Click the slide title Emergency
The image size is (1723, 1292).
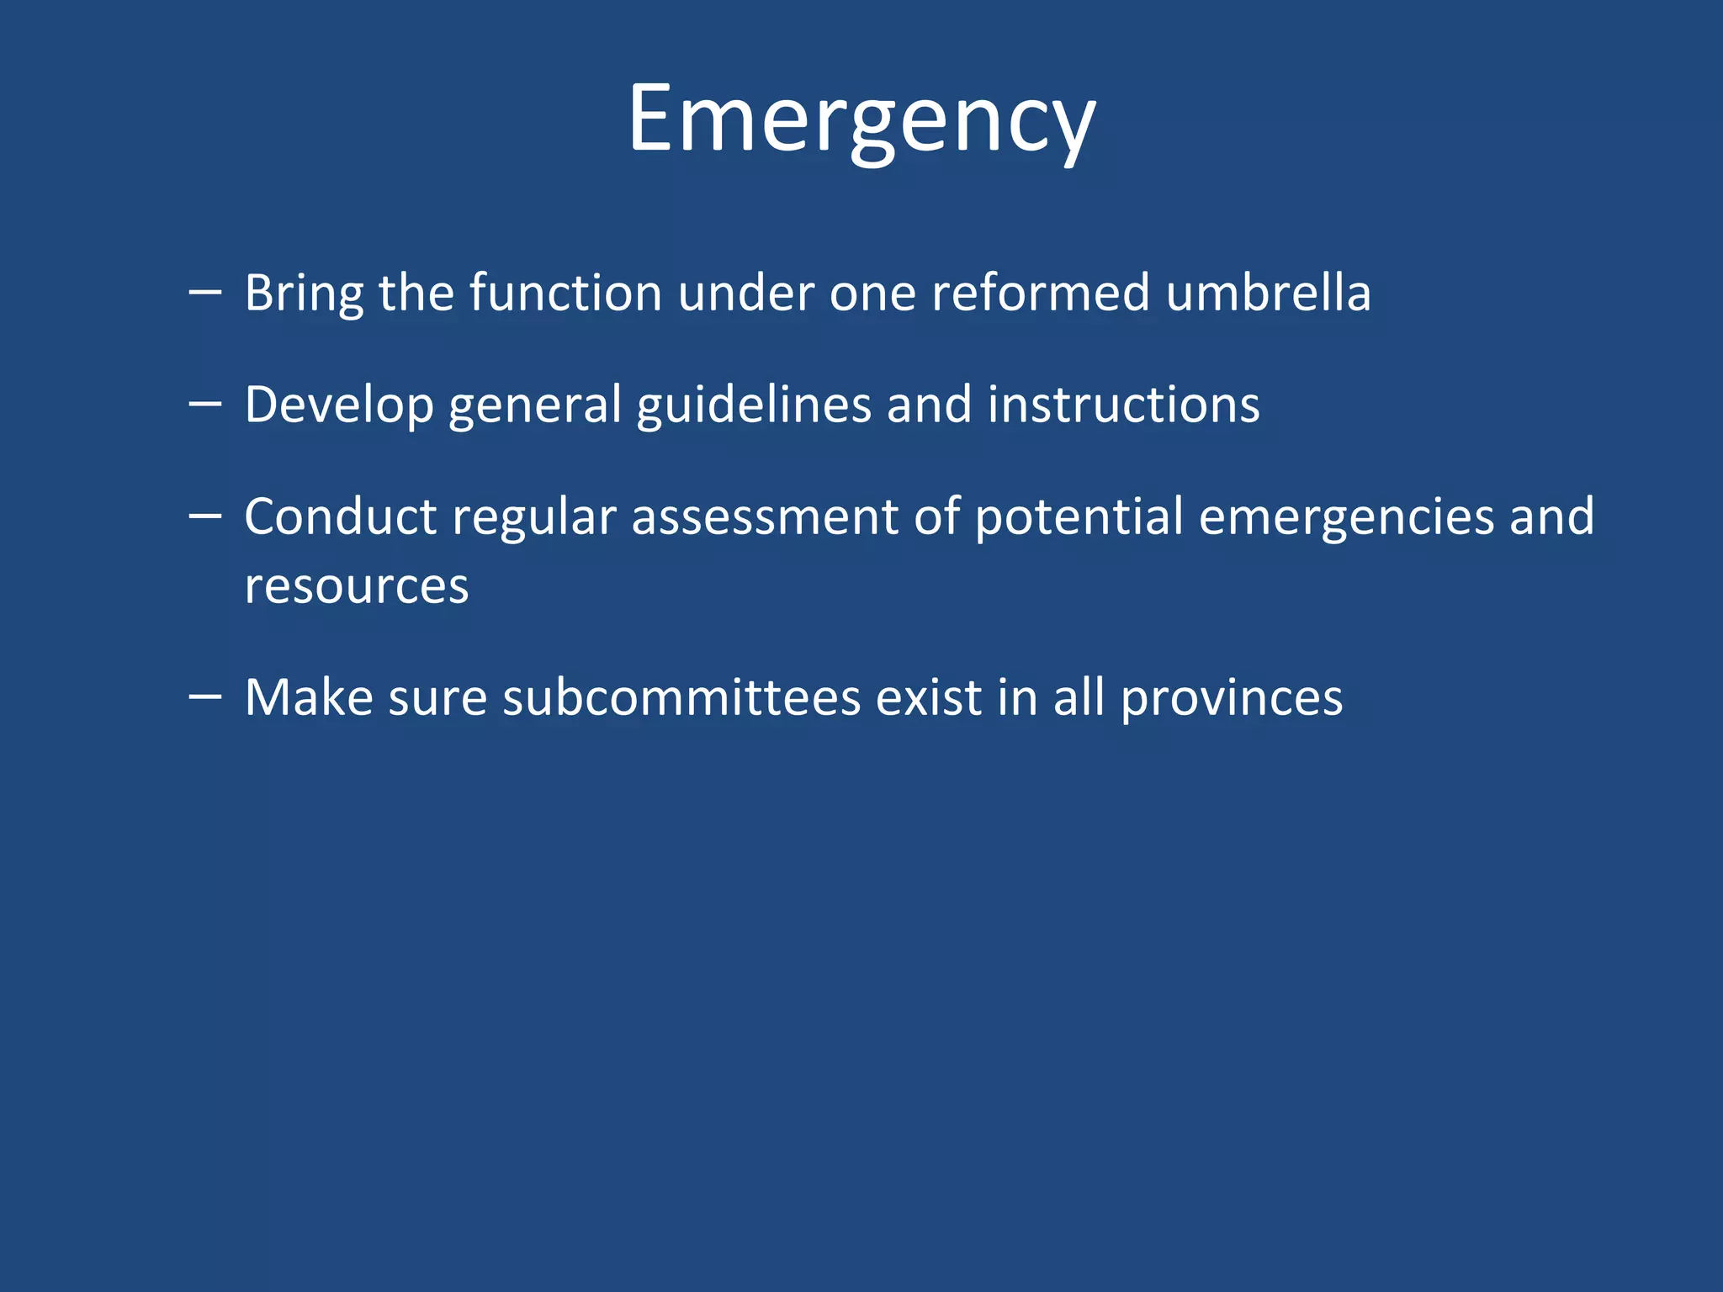pyautogui.click(x=861, y=119)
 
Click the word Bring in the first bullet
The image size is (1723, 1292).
pyautogui.click(x=304, y=294)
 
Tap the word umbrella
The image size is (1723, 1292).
pyautogui.click(x=1269, y=294)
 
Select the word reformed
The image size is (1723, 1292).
pyautogui.click(x=1040, y=294)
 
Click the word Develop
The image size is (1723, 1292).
pyautogui.click(x=339, y=405)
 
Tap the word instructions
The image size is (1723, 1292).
pyautogui.click(x=1123, y=405)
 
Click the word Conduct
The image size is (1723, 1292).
pyautogui.click(x=340, y=516)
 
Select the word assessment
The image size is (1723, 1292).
pyautogui.click(x=765, y=516)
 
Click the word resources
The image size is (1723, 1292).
pyautogui.click(x=357, y=586)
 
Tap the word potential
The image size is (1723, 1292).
pyautogui.click(x=1079, y=516)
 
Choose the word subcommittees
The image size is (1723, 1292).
pyautogui.click(x=681, y=698)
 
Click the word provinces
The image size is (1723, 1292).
pyautogui.click(x=1232, y=698)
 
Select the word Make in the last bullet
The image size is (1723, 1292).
pyautogui.click(x=309, y=698)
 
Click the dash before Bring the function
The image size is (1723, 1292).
pyautogui.click(x=205, y=293)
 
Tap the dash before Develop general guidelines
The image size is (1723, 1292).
pyautogui.click(x=205, y=405)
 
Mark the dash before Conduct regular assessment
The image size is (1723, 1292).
pyautogui.click(x=205, y=516)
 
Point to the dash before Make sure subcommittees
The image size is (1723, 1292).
pyautogui.click(x=205, y=697)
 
